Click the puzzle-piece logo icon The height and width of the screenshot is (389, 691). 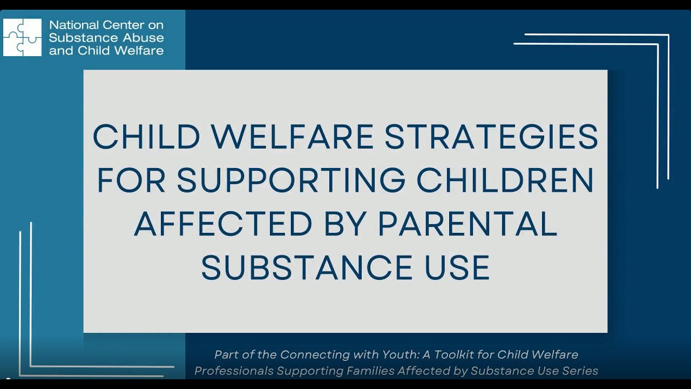pos(22,37)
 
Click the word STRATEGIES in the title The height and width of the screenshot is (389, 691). pos(491,137)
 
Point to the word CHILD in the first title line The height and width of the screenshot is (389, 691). pos(146,137)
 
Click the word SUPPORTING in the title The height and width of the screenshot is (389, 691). pos(291,180)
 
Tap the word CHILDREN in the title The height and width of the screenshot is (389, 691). pos(505,180)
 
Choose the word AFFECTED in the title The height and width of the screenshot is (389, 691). pos(223,224)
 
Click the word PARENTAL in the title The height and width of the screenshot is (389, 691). pos(468,224)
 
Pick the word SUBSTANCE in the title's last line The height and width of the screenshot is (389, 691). pos(307,267)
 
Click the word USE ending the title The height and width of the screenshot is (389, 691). pos(457,267)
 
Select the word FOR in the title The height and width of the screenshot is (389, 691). pos(131,180)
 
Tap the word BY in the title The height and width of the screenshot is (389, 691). pos(345,224)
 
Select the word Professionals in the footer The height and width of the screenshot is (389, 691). pos(234,371)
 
